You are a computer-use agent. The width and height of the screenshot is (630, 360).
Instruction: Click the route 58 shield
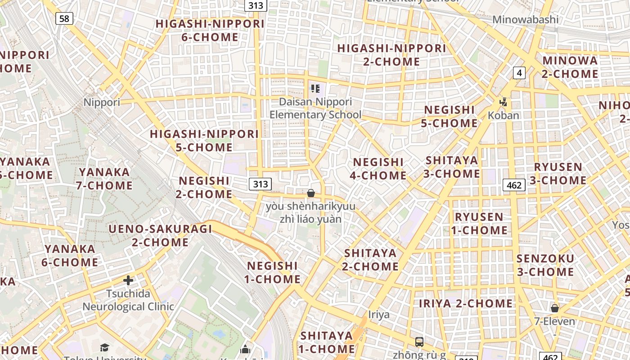(64, 18)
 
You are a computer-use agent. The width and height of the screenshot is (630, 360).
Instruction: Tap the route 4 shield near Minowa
(519, 72)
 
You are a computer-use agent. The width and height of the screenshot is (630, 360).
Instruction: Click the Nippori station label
(102, 102)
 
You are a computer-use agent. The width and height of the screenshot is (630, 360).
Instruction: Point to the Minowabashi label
(525, 19)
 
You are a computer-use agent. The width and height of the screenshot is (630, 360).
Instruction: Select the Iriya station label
(378, 314)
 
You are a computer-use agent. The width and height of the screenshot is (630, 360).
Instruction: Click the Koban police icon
(504, 102)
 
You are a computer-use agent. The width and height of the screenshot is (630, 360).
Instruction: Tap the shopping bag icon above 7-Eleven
(554, 308)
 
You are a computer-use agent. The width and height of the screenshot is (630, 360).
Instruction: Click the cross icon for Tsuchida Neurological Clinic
(128, 281)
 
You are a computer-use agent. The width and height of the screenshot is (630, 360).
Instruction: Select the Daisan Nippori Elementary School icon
(315, 89)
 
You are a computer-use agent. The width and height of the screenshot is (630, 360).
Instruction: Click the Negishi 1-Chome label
(272, 272)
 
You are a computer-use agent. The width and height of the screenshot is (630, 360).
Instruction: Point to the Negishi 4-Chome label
(378, 168)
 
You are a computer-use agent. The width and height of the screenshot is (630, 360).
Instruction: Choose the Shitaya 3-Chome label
(452, 166)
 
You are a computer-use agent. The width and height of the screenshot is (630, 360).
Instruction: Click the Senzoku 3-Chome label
(545, 265)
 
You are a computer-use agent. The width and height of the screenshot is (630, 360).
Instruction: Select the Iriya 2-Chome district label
(466, 303)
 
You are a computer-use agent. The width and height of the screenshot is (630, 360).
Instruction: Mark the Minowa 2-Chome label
(570, 67)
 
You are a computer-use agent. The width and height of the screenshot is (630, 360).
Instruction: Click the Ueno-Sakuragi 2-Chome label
(160, 235)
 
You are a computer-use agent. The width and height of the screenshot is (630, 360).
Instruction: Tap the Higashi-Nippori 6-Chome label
(210, 30)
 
